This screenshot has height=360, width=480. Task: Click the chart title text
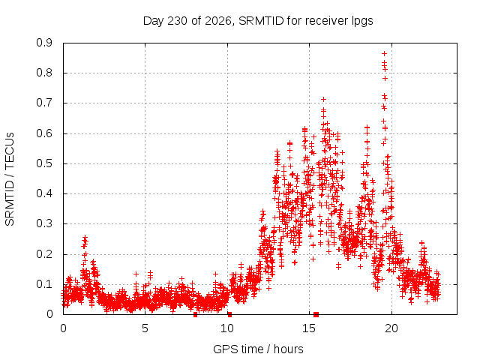(258, 21)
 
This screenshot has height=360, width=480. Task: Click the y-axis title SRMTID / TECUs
(10, 179)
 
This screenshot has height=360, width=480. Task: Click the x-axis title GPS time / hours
(258, 349)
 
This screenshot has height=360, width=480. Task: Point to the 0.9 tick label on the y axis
(44, 43)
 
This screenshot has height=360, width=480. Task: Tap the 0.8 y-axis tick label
(44, 73)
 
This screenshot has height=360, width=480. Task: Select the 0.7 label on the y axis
(44, 103)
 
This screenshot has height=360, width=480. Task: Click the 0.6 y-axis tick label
(44, 133)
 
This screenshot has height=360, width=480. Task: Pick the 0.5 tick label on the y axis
(44, 163)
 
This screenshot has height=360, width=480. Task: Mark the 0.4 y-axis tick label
(44, 193)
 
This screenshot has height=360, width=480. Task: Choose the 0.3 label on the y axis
(44, 223)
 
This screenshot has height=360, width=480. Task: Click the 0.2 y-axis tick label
(44, 254)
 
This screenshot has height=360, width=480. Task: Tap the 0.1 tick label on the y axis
(44, 284)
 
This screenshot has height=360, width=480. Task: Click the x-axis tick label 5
(145, 328)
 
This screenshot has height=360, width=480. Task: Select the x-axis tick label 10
(227, 328)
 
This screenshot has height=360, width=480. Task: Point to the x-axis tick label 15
(309, 328)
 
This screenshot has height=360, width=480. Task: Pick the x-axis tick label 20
(391, 328)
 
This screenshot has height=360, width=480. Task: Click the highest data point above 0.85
(384, 53)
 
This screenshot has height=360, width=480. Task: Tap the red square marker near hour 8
(195, 315)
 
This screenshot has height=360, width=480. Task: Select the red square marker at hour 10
(229, 315)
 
